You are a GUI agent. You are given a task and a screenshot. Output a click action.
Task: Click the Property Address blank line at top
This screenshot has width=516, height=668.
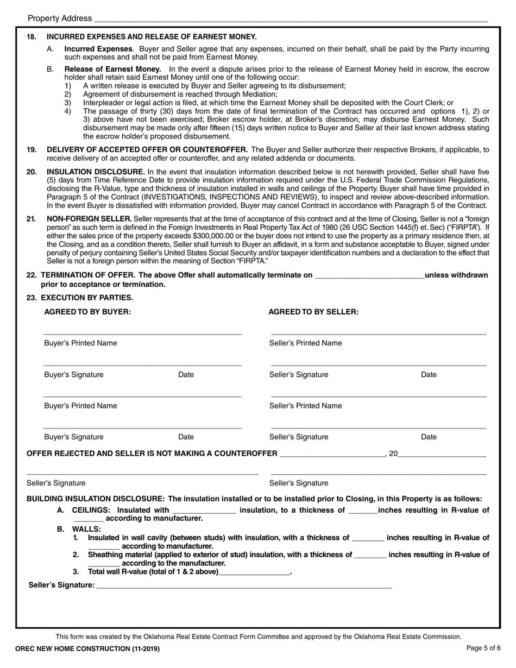pyautogui.click(x=291, y=20)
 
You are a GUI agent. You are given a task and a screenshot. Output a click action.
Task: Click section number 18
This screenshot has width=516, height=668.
pyautogui.click(x=32, y=37)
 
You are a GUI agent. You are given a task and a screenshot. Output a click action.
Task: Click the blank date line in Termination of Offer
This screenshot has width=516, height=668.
pyautogui.click(x=369, y=276)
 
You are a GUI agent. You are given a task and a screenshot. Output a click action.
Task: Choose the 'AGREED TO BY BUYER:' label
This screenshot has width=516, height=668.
pyautogui.click(x=87, y=312)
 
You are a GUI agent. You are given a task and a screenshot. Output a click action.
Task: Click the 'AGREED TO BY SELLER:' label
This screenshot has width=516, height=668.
pyautogui.click(x=313, y=312)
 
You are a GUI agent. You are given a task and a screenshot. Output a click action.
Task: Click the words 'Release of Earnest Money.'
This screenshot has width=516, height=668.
pyautogui.click(x=112, y=69)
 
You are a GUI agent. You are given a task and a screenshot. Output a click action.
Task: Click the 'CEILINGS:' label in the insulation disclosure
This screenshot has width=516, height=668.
pyautogui.click(x=91, y=510)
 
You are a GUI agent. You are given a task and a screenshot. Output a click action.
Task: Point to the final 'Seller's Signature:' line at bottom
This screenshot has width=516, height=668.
pyautogui.click(x=243, y=585)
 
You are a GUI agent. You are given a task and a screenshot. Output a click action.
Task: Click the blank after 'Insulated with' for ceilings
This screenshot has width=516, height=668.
pyautogui.click(x=204, y=511)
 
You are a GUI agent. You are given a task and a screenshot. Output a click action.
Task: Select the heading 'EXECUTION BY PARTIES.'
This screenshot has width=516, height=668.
pyautogui.click(x=87, y=298)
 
